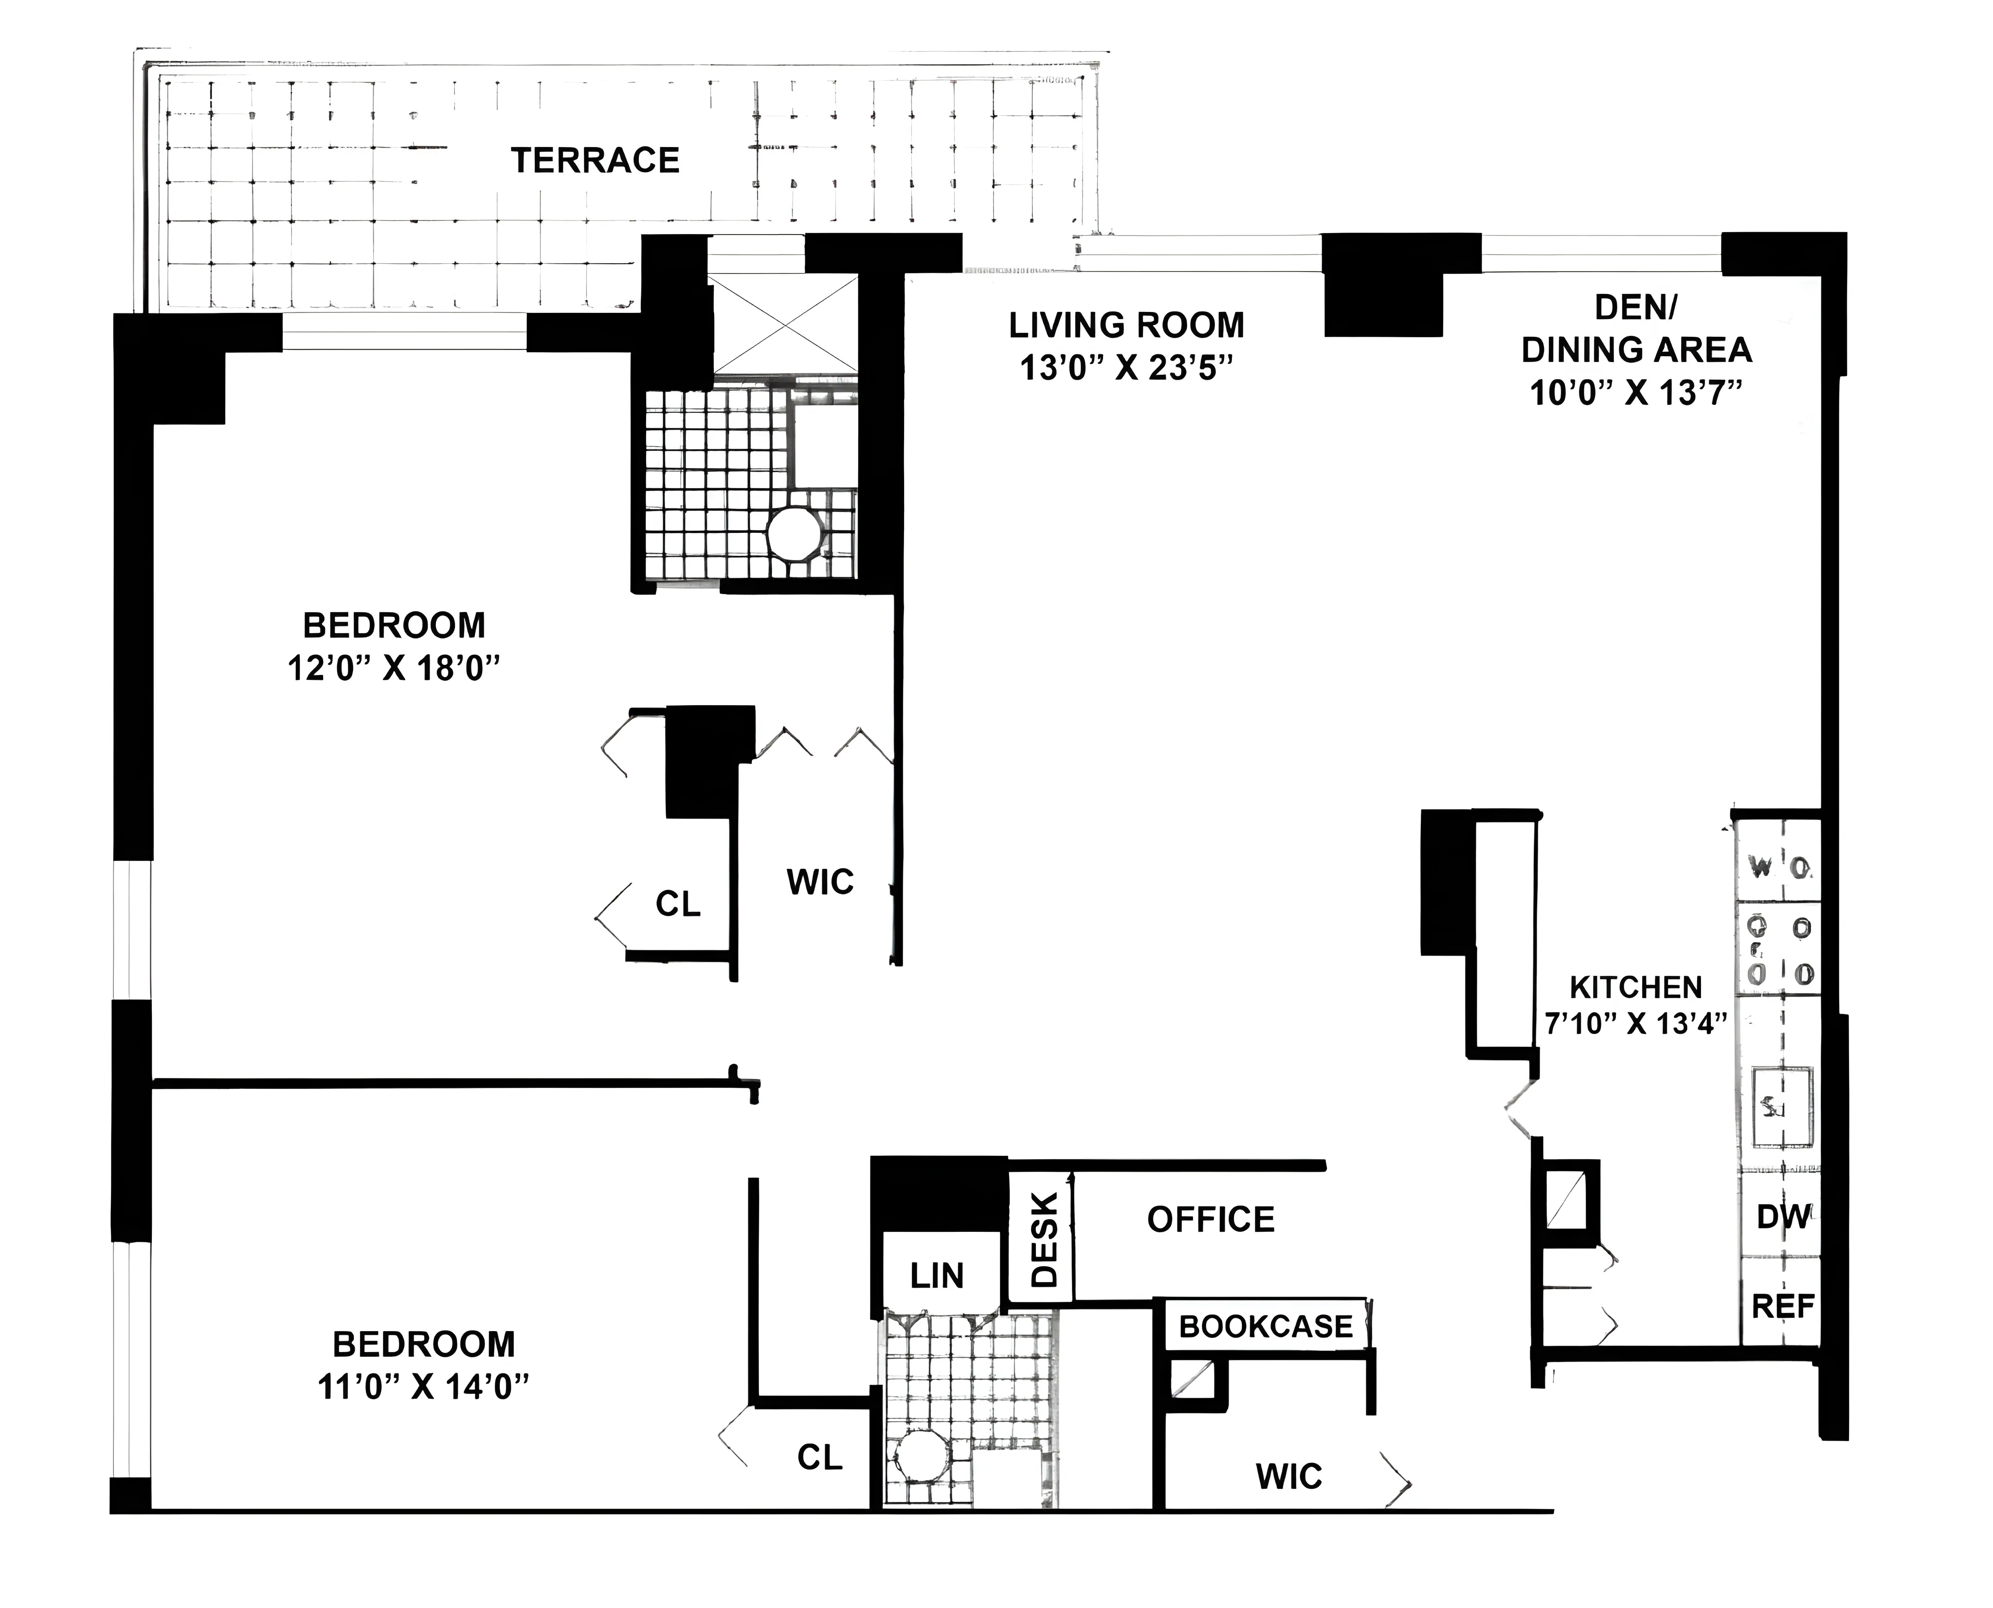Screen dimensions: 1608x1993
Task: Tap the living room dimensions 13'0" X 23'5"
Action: point(1127,368)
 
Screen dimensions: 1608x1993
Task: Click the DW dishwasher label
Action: point(1782,1216)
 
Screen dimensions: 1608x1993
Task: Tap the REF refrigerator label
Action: point(1782,1307)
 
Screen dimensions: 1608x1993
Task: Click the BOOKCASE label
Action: point(1265,1326)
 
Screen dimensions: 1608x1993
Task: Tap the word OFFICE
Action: point(1211,1220)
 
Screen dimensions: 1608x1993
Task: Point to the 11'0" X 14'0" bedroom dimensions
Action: point(423,1387)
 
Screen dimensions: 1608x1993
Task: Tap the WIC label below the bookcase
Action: point(1288,1477)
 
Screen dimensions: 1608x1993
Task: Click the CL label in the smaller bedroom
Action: point(819,1458)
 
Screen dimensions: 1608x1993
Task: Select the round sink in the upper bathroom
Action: point(794,533)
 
